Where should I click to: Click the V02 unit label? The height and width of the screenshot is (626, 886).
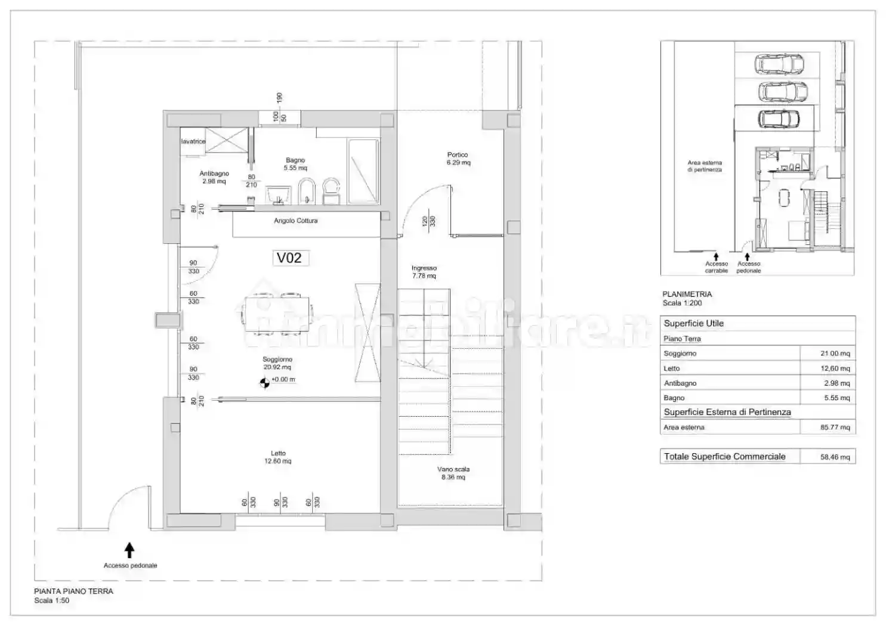click(289, 258)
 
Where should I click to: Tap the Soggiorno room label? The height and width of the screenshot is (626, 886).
click(277, 363)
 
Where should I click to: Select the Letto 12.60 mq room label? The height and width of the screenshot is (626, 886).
click(278, 457)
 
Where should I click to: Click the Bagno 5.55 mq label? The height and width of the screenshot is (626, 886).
click(295, 164)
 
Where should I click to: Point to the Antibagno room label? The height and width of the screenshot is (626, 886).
click(214, 177)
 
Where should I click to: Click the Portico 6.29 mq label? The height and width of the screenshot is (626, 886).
click(458, 159)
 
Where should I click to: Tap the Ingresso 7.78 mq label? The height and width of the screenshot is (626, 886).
click(424, 272)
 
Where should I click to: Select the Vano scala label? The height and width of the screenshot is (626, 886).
click(453, 473)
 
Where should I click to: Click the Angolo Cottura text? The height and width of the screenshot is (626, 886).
click(295, 221)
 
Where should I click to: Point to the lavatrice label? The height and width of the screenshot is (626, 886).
click(193, 141)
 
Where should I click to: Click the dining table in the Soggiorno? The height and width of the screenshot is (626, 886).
click(279, 312)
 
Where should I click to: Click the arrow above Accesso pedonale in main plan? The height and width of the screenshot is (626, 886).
click(129, 550)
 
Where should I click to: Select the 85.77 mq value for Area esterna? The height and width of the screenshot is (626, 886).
click(835, 427)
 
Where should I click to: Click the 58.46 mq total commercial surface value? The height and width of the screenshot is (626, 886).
click(835, 457)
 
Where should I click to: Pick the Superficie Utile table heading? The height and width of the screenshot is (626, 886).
click(693, 323)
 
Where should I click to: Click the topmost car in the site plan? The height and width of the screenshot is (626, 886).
click(779, 63)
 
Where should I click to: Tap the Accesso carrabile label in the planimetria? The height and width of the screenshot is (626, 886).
click(717, 267)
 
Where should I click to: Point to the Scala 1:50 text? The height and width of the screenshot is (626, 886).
click(51, 600)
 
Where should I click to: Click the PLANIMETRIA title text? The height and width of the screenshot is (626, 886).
click(687, 294)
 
